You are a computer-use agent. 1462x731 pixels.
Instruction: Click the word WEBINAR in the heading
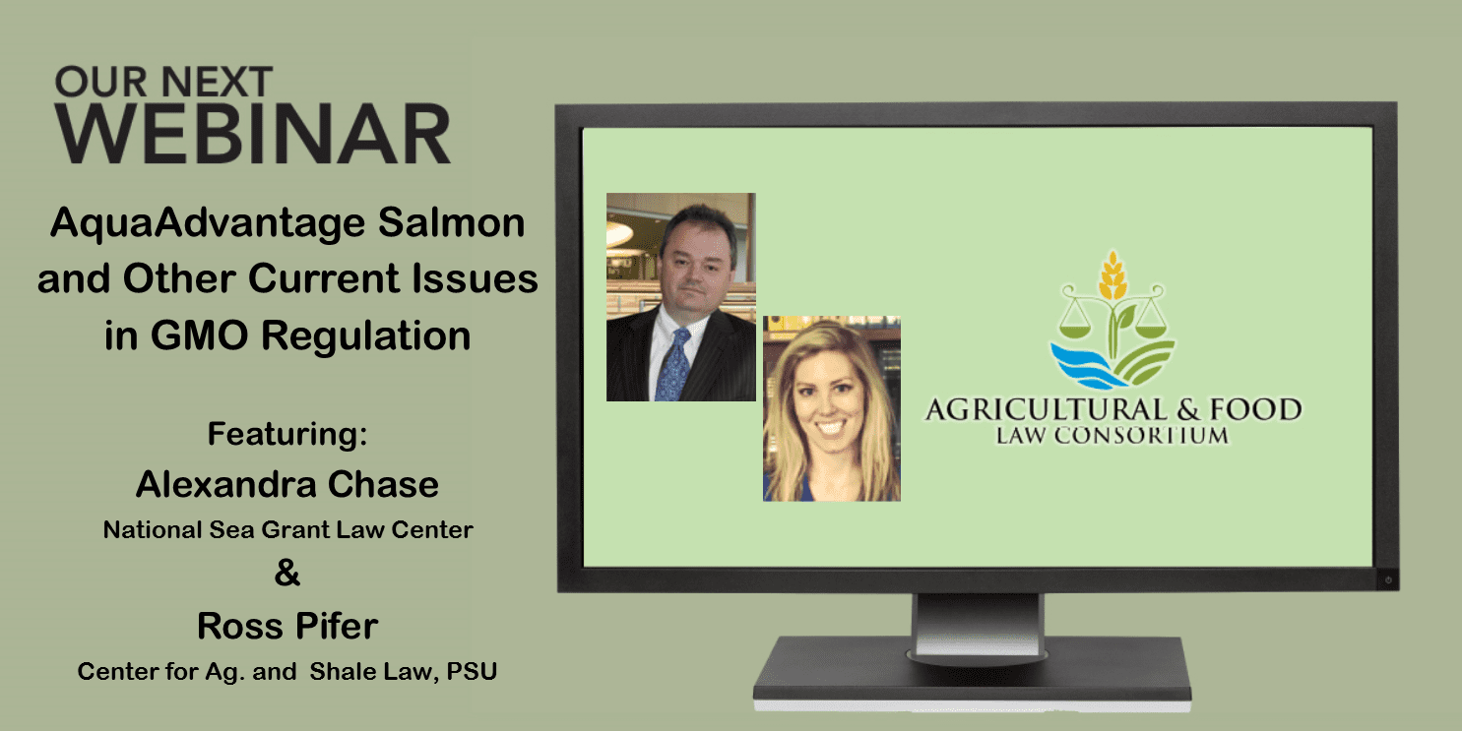(253, 135)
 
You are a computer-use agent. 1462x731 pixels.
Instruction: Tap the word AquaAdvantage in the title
(208, 224)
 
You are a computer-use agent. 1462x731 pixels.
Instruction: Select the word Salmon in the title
(452, 222)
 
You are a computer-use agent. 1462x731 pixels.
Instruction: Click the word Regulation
(366, 337)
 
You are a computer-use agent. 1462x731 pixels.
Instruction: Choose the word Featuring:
(287, 434)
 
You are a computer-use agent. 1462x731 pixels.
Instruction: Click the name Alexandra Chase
(287, 484)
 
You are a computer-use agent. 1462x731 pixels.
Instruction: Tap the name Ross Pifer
(287, 626)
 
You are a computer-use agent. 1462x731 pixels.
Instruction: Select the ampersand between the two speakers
(287, 574)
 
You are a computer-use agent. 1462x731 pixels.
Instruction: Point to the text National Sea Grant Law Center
(287, 530)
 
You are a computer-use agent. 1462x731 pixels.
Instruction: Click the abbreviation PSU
(472, 671)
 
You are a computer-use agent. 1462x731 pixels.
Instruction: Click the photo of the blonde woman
(832, 408)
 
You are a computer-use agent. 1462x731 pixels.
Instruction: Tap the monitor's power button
(1388, 579)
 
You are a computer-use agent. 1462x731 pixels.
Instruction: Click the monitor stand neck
(979, 625)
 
